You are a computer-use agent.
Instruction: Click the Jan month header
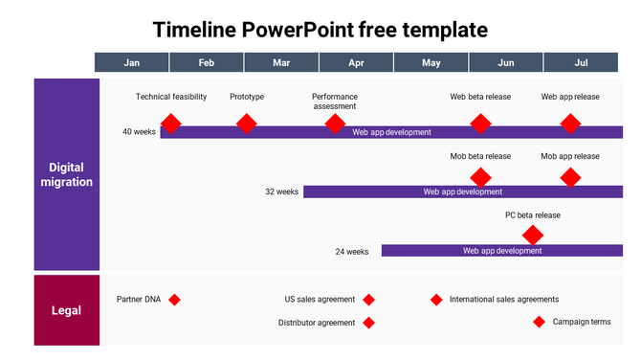132,62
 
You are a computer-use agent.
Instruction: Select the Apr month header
356,62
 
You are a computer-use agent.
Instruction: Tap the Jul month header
581,62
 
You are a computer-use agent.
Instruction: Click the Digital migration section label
67,174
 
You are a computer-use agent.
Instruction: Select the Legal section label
67,310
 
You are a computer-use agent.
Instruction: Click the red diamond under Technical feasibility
170,124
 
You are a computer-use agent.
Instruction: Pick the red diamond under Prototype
246,124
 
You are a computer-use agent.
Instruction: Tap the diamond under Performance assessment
335,124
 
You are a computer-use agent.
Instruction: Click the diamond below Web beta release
480,124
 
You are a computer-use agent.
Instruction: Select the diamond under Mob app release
570,177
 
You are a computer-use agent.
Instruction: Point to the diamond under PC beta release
533,235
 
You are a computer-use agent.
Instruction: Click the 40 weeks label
139,132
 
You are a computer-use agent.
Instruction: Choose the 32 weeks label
281,191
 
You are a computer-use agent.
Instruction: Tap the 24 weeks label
351,252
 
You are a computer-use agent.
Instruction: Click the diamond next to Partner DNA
174,300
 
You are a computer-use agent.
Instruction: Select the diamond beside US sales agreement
368,300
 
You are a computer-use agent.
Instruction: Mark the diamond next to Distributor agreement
368,323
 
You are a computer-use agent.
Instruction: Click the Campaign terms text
581,322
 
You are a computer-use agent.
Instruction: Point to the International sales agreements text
503,300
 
